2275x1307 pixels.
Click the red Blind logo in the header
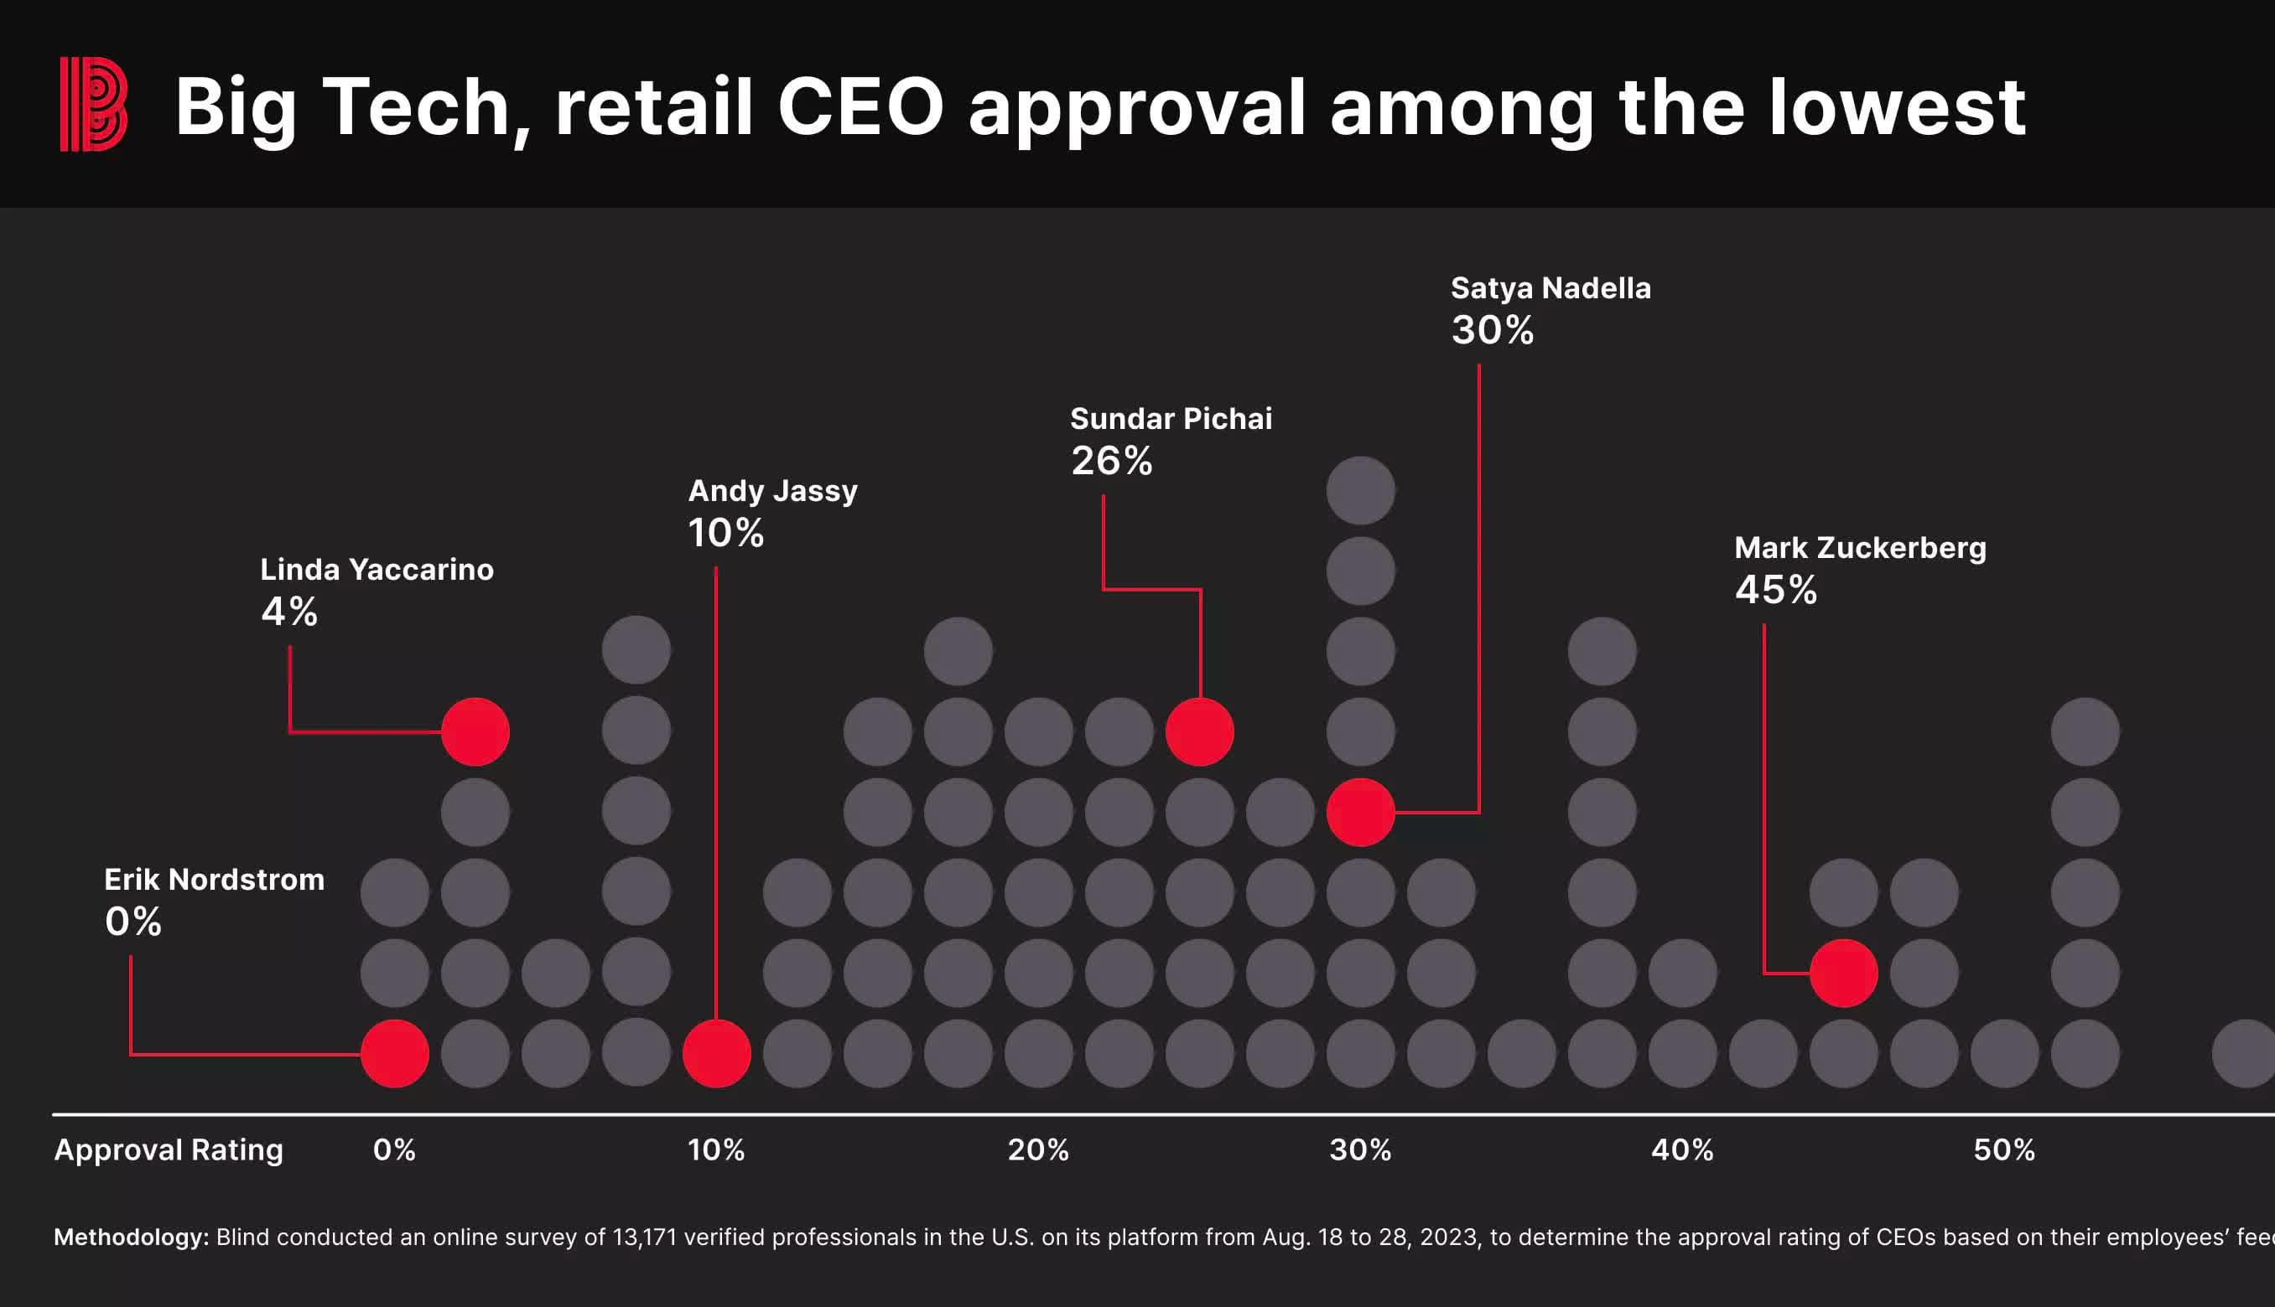[x=93, y=104]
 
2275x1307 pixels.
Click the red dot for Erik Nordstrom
[x=394, y=1053]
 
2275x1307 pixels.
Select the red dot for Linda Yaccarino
[x=475, y=731]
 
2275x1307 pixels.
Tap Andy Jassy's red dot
[x=716, y=1053]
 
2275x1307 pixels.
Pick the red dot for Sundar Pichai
[x=1199, y=731]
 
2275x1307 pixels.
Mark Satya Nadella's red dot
[x=1360, y=812]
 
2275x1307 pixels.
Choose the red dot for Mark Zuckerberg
[x=1843, y=973]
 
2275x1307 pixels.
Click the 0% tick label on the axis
[x=394, y=1149]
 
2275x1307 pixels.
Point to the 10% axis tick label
[x=716, y=1149]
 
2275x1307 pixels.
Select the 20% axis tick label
[x=1038, y=1149]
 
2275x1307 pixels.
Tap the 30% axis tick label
[x=1360, y=1149]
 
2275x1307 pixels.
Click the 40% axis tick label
[x=1682, y=1149]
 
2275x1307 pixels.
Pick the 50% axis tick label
[x=2004, y=1149]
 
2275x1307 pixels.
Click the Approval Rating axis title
[x=169, y=1149]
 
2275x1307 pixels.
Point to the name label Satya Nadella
[x=1550, y=288]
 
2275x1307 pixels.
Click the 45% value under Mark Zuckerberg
[x=1775, y=590]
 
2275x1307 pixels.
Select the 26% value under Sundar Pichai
[x=1111, y=462]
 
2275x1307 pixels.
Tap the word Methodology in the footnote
[x=131, y=1237]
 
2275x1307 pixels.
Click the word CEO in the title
[x=860, y=107]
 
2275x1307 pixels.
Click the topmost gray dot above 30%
[x=1360, y=490]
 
